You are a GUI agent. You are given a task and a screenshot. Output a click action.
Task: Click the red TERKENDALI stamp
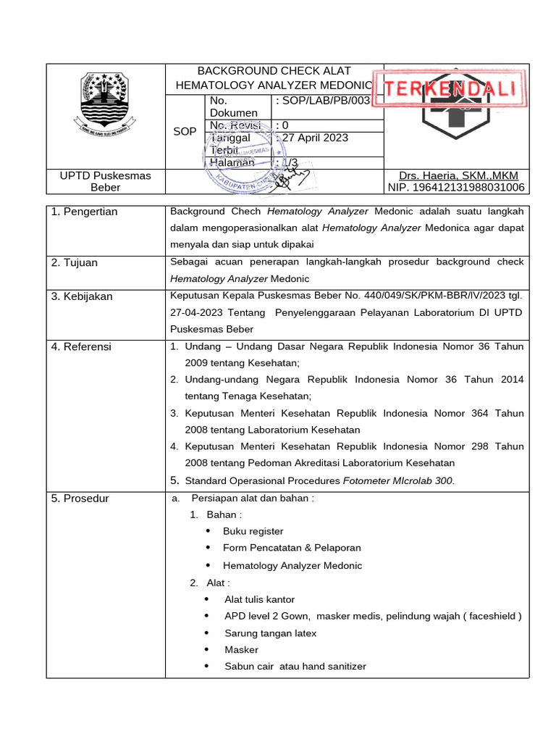(448, 90)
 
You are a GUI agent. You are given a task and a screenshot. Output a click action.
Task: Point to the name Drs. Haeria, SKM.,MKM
(458, 176)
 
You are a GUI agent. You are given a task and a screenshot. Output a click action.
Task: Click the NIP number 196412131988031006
(456, 188)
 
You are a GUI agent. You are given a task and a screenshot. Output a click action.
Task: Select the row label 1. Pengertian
(84, 212)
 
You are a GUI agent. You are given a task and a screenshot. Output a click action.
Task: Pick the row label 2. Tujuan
(75, 262)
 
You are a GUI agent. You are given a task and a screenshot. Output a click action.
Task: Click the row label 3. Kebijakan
(82, 296)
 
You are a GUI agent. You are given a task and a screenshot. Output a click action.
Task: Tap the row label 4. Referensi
(81, 346)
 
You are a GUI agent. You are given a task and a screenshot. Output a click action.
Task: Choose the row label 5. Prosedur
(80, 499)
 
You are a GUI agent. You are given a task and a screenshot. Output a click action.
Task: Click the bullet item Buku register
(253, 531)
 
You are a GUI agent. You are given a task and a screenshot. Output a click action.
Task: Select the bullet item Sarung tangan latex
(270, 633)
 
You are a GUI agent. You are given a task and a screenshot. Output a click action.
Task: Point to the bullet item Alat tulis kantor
(259, 599)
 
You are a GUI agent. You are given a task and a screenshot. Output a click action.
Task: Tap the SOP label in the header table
(184, 131)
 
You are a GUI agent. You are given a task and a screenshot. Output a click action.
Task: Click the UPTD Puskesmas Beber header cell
(106, 182)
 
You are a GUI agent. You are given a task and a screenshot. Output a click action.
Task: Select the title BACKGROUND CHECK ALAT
(274, 71)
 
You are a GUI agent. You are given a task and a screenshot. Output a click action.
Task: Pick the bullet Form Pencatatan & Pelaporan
(292, 548)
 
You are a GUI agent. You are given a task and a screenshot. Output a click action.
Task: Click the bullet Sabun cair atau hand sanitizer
(295, 667)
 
